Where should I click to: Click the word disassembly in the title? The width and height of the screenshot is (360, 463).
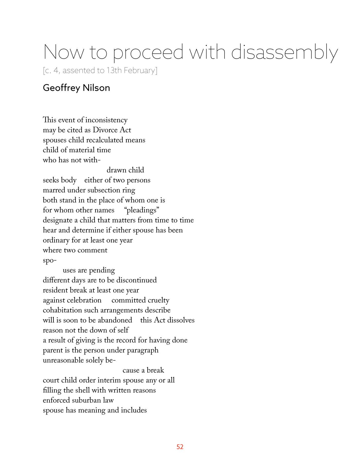pos(284,52)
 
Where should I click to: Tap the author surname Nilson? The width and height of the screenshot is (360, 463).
pos(96,88)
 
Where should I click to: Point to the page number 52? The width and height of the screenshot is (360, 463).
pos(180,447)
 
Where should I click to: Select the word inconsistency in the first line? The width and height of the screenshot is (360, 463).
pos(106,120)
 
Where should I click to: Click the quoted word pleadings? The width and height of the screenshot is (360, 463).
pos(142,210)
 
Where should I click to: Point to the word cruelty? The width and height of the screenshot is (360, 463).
pos(158,300)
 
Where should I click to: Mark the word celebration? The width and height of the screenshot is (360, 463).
pos(84,300)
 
